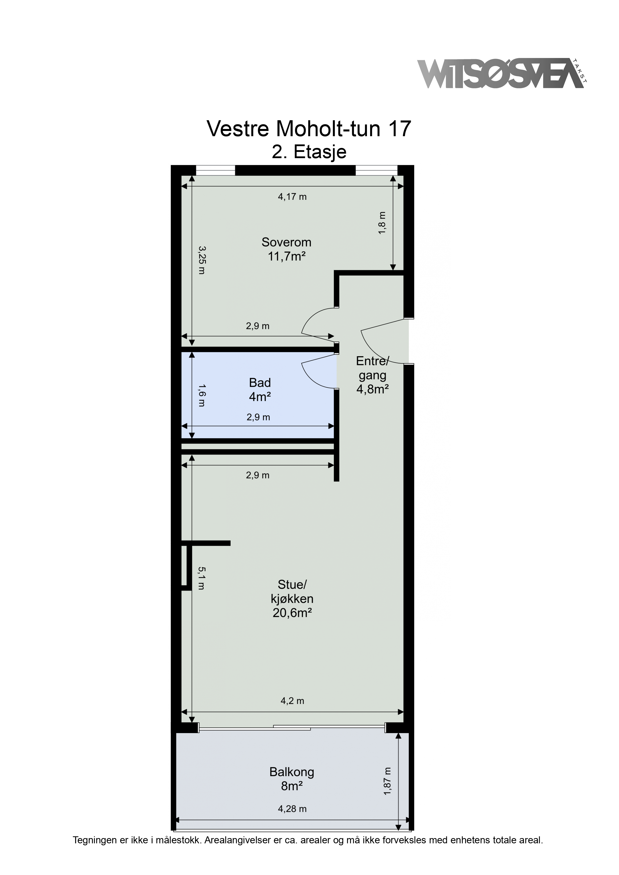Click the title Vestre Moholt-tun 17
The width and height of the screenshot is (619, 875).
click(309, 129)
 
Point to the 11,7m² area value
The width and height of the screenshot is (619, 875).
click(287, 256)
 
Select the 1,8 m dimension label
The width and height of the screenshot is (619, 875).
click(382, 223)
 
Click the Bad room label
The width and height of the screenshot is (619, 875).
click(260, 382)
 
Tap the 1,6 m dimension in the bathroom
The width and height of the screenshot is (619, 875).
click(201, 395)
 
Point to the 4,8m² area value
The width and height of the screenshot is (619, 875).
click(372, 389)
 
